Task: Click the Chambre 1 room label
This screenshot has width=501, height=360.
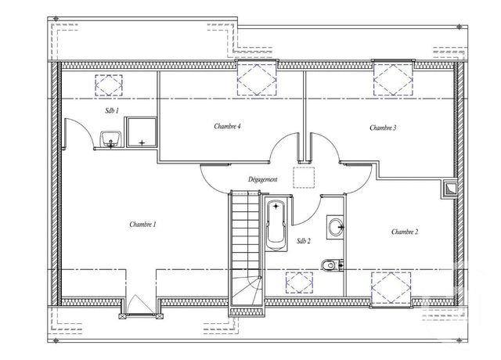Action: click(x=142, y=225)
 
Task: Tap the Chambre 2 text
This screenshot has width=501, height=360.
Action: click(x=405, y=231)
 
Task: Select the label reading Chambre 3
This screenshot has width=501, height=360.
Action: click(x=383, y=128)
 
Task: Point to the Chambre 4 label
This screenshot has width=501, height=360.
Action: click(x=227, y=126)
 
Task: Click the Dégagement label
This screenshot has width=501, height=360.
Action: click(x=262, y=179)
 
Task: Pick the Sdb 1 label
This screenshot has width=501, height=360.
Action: click(x=111, y=111)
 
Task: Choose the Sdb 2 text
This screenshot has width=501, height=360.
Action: click(x=305, y=241)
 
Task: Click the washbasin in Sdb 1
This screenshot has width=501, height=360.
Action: click(x=110, y=141)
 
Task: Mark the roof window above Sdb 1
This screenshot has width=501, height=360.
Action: click(x=109, y=83)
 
